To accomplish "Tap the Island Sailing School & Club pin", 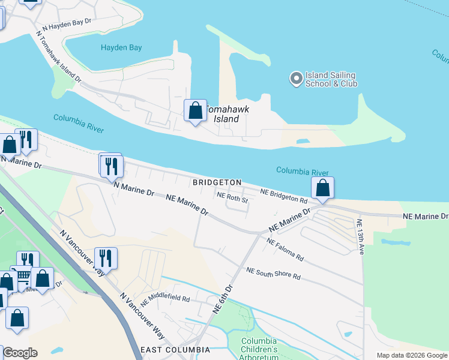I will pyautogui.click(x=295, y=79).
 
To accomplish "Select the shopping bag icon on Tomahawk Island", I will pyautogui.click(x=195, y=111).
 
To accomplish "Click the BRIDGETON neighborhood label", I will pyautogui.click(x=217, y=182).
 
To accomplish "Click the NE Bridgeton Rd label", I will pyautogui.click(x=284, y=195).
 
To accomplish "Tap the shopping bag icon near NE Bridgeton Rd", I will pyautogui.click(x=322, y=188).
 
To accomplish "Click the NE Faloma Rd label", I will pyautogui.click(x=285, y=249).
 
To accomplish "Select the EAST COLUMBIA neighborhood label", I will pyautogui.click(x=175, y=350).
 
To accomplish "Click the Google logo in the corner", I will pyautogui.click(x=20, y=353).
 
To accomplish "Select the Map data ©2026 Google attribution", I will pyautogui.click(x=412, y=355).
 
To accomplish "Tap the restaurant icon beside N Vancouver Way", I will pyautogui.click(x=106, y=258).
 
